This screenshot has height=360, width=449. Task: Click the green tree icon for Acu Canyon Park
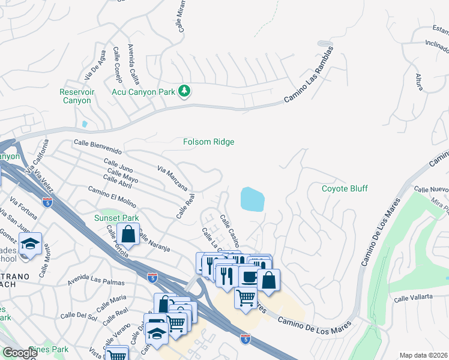185,92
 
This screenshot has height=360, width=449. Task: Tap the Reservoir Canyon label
76,96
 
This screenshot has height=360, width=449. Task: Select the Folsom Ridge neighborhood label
208,142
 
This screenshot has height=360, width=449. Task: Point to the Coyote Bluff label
345,188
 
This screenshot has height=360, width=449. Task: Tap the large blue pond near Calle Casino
252,199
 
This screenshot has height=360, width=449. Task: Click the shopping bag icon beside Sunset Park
128,234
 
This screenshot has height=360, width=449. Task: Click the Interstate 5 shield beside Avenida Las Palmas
152,277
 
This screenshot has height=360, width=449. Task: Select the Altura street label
419,83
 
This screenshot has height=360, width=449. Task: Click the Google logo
19,353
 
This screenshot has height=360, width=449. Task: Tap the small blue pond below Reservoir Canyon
85,124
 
